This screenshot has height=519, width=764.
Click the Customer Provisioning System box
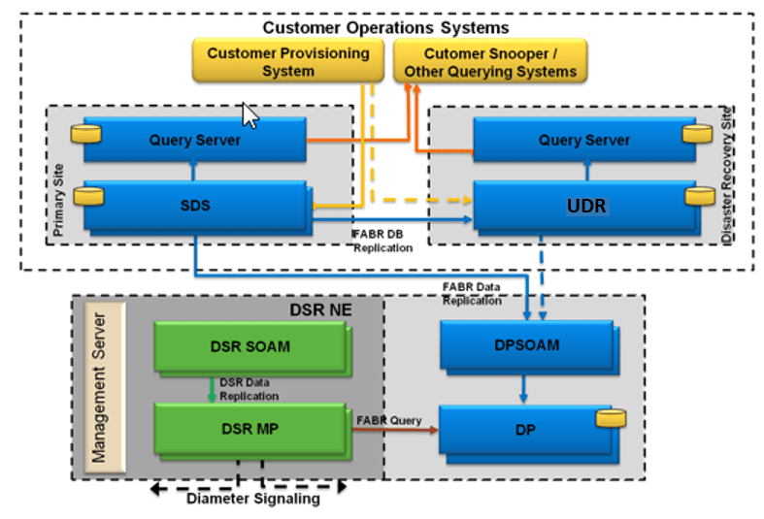pyautogui.click(x=287, y=61)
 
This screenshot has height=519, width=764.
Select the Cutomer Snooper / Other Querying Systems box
pyautogui.click(x=489, y=61)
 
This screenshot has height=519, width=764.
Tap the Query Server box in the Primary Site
pyautogui.click(x=194, y=140)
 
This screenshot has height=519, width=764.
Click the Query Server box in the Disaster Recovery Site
pyautogui.click(x=584, y=140)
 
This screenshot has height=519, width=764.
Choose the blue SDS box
pyautogui.click(x=194, y=206)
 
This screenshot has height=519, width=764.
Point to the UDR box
pyautogui.click(x=584, y=206)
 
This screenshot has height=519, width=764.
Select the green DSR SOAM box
pyautogui.click(x=250, y=346)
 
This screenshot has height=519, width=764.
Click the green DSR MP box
pyautogui.click(x=250, y=429)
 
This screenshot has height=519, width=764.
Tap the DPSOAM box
pyautogui.click(x=527, y=344)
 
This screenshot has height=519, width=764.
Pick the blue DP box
pyautogui.click(x=527, y=429)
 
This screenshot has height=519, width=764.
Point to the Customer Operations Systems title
pyautogui.click(x=385, y=27)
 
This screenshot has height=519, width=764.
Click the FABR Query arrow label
pyautogui.click(x=389, y=420)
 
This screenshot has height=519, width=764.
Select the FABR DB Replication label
pyautogui.click(x=382, y=241)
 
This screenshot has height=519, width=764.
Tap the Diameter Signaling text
pyautogui.click(x=252, y=500)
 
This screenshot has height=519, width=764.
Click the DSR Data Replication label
pyautogui.click(x=249, y=389)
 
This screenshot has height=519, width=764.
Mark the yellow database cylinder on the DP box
pyautogui.click(x=609, y=418)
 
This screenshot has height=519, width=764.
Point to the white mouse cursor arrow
pyautogui.click(x=250, y=116)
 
